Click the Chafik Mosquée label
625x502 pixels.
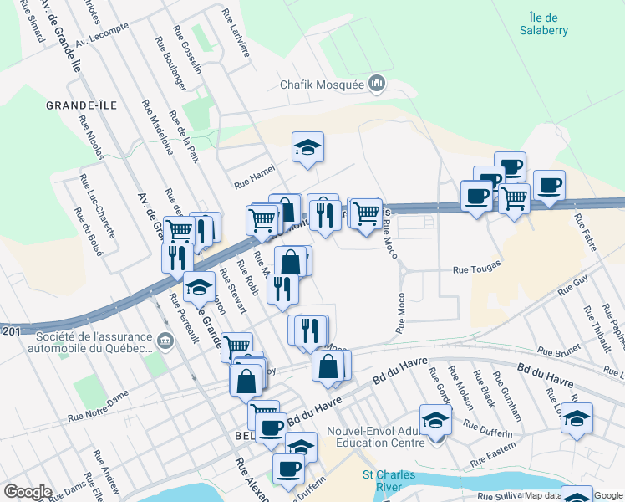(x=322, y=85)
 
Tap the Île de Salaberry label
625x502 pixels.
(x=549, y=23)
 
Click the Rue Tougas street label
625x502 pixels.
(x=476, y=269)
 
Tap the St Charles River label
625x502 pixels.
(x=389, y=481)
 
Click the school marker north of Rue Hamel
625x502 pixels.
(x=307, y=147)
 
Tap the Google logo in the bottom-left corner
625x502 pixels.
(x=28, y=492)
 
